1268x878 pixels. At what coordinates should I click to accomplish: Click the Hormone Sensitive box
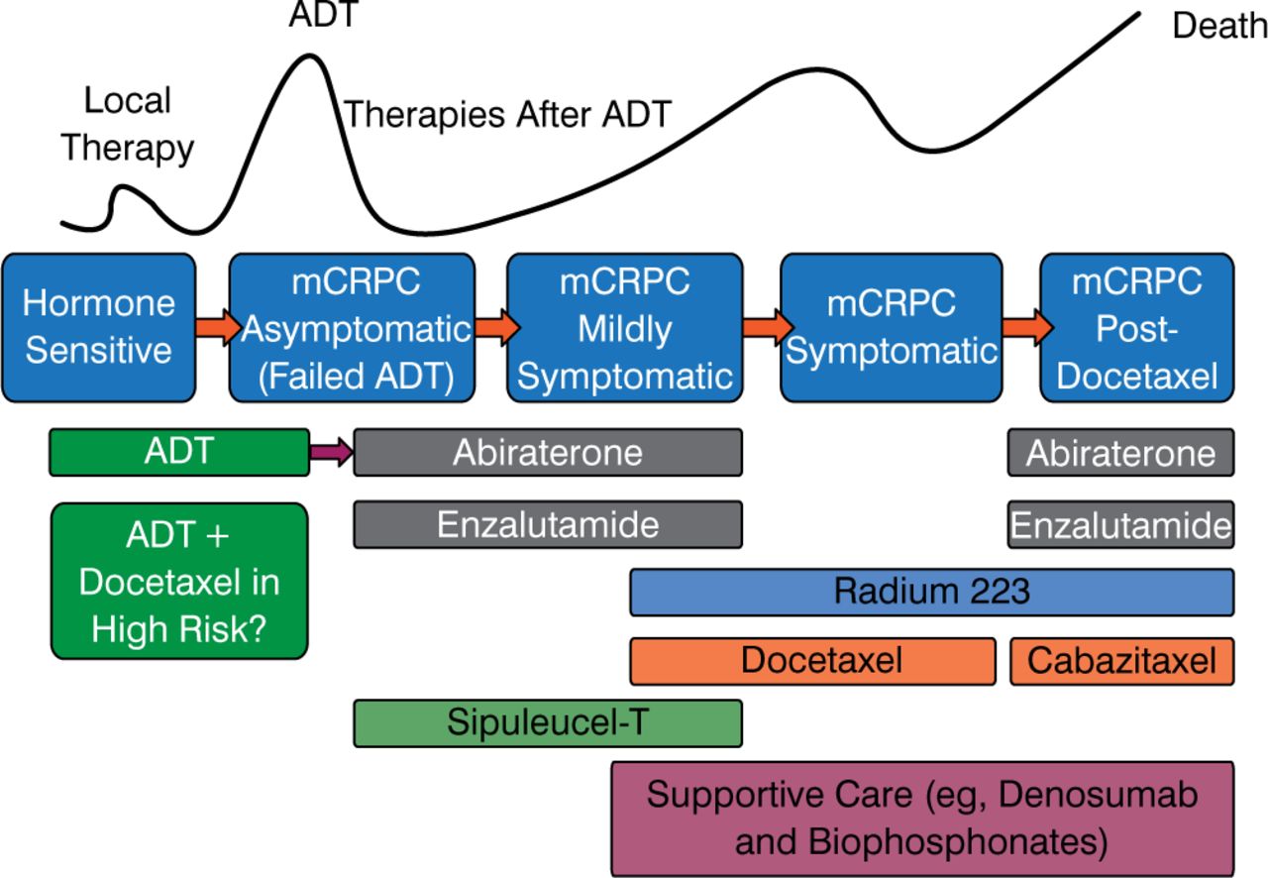pyautogui.click(x=98, y=327)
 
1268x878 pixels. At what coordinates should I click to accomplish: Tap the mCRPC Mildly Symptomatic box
pyautogui.click(x=625, y=327)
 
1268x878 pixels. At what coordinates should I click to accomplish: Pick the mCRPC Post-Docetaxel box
pyautogui.click(x=1136, y=327)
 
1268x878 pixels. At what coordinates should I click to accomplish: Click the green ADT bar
pyautogui.click(x=179, y=452)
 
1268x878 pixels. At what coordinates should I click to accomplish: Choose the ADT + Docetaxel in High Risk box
pyautogui.click(x=179, y=581)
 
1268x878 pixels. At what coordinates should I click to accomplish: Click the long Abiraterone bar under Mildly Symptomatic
pyautogui.click(x=548, y=453)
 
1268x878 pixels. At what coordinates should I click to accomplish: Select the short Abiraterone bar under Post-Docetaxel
pyautogui.click(x=1120, y=453)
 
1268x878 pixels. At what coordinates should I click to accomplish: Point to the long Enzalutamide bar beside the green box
pyautogui.click(x=548, y=524)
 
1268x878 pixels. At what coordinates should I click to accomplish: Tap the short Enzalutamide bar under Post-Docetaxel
pyautogui.click(x=1120, y=524)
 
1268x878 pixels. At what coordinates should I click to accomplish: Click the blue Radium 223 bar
pyautogui.click(x=931, y=592)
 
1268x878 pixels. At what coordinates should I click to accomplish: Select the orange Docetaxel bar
pyautogui.click(x=812, y=661)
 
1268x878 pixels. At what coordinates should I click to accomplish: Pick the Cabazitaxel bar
pyautogui.click(x=1121, y=661)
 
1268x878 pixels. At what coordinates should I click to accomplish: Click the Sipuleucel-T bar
pyautogui.click(x=548, y=722)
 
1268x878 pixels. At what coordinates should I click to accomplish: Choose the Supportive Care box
pyautogui.click(x=922, y=819)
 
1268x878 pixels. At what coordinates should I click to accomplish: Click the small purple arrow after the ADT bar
pyautogui.click(x=331, y=453)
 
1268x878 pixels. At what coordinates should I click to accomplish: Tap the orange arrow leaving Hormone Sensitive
pyautogui.click(x=213, y=325)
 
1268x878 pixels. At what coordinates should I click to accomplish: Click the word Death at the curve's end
pyautogui.click(x=1219, y=27)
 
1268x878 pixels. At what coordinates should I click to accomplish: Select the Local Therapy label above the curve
pyautogui.click(x=128, y=124)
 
